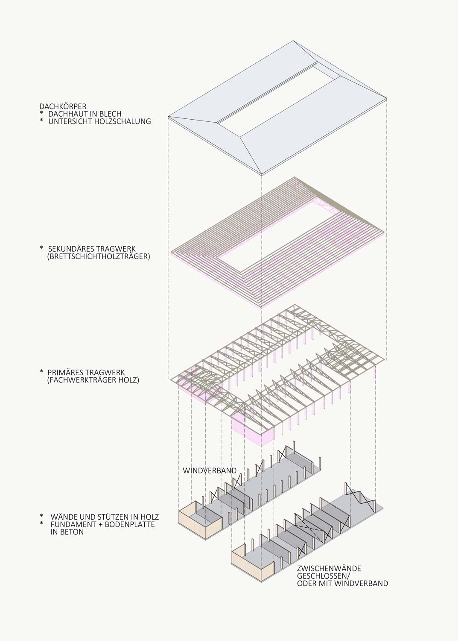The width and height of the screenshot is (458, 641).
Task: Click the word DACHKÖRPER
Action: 63,106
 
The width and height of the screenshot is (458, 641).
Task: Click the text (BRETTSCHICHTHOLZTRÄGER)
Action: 99,256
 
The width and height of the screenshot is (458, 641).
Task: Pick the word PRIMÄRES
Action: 64,373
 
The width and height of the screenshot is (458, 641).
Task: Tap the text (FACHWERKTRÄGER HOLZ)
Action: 93,380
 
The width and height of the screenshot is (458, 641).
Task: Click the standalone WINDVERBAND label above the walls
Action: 210,470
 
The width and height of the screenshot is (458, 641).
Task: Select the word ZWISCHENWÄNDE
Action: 329,568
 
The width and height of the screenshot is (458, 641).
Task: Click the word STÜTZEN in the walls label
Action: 111,517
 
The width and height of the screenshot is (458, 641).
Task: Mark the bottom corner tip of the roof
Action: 262,175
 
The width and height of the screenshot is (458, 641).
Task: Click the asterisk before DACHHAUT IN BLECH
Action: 41,113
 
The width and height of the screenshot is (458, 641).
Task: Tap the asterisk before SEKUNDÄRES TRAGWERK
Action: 41,248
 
